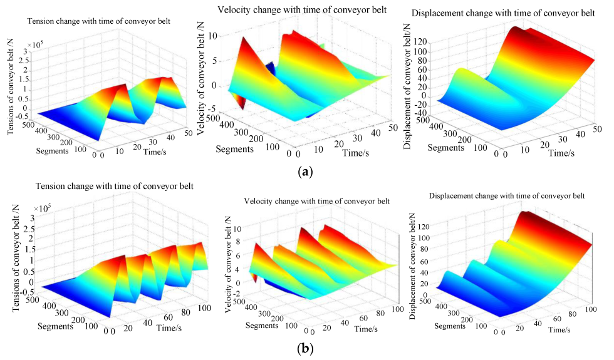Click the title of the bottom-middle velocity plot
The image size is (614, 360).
pos(308,201)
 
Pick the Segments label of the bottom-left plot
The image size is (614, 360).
pos(58,326)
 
